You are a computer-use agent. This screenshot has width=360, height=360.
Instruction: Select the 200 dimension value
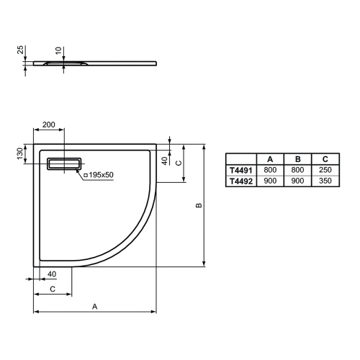pos(49,125)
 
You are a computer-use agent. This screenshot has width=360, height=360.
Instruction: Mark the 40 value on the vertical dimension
pos(164,160)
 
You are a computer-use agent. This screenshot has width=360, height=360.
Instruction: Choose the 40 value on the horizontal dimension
pos(51,274)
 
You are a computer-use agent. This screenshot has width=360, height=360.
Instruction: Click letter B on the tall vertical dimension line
pos(199,205)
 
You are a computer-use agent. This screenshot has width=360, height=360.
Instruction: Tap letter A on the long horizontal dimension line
pos(94,306)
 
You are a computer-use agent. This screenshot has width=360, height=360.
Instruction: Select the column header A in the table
pos(270,159)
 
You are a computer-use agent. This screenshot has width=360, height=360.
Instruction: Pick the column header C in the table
pos(325,159)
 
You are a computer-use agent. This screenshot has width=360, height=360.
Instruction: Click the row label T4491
pos(241,170)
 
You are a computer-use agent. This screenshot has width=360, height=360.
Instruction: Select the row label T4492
pos(241,181)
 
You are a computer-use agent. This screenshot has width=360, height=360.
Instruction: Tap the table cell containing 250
pos(325,170)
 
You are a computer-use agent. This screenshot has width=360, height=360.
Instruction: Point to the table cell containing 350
pos(325,181)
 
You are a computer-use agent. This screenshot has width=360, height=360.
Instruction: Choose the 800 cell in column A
pos(270,170)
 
